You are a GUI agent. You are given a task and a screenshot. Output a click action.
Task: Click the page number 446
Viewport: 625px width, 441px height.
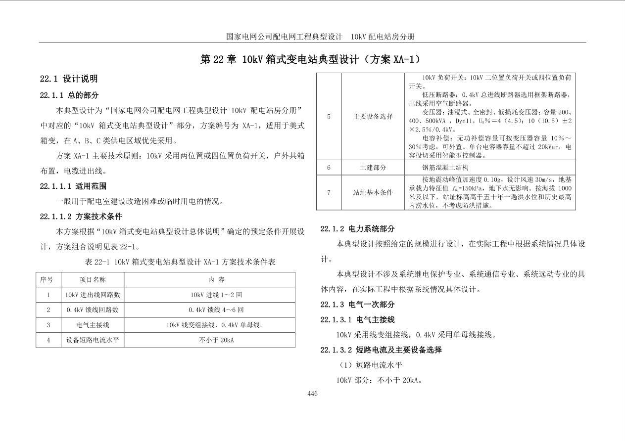[x=312, y=394]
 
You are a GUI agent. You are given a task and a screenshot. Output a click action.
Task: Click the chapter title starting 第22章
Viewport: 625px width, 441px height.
[x=312, y=60]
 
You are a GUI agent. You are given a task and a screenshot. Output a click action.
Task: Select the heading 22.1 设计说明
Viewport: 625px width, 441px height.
[x=69, y=79]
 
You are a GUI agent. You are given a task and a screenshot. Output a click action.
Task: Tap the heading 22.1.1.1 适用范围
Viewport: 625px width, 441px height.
[x=73, y=186]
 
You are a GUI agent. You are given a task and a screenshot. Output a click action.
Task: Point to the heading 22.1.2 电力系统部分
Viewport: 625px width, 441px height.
[x=357, y=229]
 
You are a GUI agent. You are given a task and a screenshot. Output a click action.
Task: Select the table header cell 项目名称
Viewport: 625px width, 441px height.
[x=93, y=279]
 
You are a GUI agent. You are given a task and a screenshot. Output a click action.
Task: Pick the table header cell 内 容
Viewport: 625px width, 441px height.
[x=209, y=279]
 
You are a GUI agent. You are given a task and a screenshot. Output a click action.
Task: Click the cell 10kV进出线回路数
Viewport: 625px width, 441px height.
[x=93, y=295]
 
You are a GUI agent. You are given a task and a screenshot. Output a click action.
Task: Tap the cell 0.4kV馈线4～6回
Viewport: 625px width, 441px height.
[x=209, y=310]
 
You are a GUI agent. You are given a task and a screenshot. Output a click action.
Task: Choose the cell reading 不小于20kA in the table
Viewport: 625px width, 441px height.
[x=209, y=340]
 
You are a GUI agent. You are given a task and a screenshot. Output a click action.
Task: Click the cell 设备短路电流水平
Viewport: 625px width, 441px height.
[x=93, y=340]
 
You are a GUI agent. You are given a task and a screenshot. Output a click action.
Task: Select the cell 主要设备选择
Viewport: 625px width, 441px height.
[x=373, y=117]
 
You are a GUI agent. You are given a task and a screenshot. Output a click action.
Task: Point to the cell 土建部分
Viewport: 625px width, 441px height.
[x=373, y=168]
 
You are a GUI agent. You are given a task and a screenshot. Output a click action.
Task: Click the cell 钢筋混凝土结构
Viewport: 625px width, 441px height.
[x=445, y=168]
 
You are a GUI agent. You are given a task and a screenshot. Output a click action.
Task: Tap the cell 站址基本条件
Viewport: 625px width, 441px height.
[x=373, y=192]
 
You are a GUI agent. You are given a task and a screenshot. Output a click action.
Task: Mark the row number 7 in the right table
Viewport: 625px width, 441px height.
[x=329, y=192]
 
